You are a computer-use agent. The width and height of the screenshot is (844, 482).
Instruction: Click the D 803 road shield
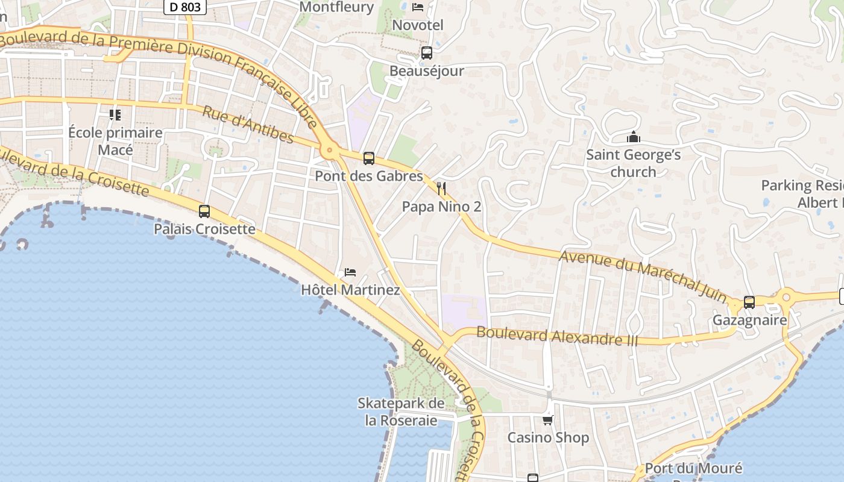coord(185,7)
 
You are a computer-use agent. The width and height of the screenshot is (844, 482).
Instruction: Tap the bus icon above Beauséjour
coord(427,53)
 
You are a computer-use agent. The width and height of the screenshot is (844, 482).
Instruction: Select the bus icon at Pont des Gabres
coord(368,158)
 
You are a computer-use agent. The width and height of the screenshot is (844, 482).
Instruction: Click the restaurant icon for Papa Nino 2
coord(441,189)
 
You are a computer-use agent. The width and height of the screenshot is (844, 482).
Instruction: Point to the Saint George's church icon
coord(633,137)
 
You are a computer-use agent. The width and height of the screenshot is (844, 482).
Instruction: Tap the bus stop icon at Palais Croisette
coord(204,211)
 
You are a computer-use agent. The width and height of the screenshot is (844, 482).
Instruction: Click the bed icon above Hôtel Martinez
coord(350,272)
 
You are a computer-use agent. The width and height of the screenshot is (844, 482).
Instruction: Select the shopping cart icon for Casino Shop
coord(547,420)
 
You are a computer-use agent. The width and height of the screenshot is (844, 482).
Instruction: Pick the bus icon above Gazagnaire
coord(749,302)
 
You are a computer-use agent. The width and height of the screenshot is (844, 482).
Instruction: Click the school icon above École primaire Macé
coord(115,114)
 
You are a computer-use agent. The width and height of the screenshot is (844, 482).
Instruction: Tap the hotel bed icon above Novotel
coord(417,7)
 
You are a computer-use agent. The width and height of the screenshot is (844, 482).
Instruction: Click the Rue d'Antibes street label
coord(248,125)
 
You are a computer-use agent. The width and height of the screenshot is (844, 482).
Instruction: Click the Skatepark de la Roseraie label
coord(401,412)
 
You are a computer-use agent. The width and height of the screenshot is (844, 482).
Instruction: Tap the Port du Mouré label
coord(693,468)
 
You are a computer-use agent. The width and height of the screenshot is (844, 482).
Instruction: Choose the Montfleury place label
coord(336,7)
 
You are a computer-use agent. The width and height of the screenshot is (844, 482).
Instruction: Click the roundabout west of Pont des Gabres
coord(329,151)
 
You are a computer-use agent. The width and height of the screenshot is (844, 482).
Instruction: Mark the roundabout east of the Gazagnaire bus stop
coord(786,297)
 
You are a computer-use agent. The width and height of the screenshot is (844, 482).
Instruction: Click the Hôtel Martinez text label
coord(350,290)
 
